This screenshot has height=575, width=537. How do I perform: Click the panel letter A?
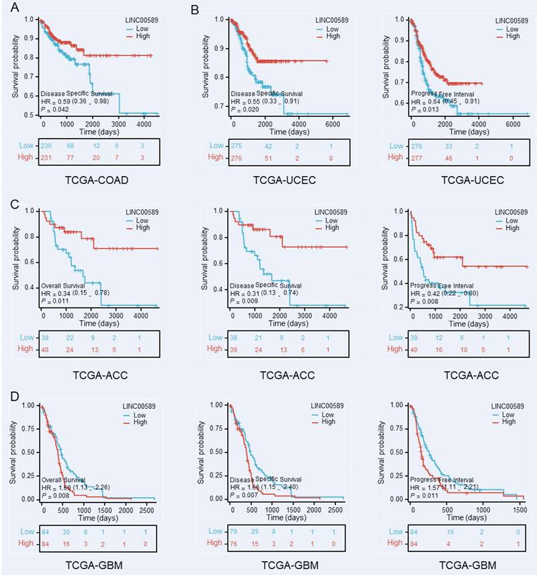click(x=5, y=8)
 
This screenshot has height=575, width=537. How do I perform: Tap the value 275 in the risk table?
click(x=234, y=145)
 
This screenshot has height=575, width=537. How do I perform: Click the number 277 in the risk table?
click(x=416, y=157)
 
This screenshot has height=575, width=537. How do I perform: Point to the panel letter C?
click(x=5, y=200)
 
